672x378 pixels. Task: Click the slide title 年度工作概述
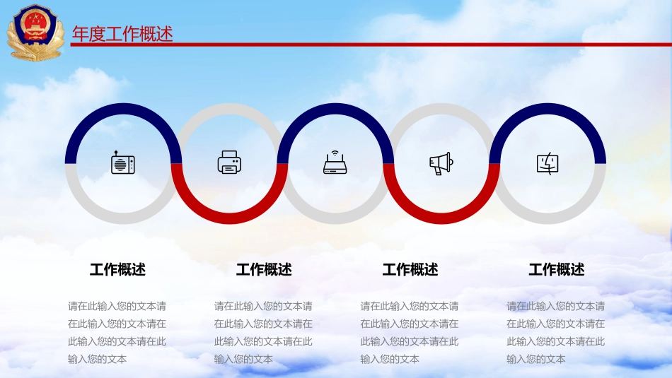[x=122, y=34]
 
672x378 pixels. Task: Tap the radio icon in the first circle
[x=122, y=163]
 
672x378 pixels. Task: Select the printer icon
[x=229, y=163]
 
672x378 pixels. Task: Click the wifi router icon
[x=335, y=163]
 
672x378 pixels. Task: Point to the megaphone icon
[x=441, y=163]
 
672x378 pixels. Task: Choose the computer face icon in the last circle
[x=548, y=163]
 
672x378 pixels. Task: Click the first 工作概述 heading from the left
[x=117, y=269]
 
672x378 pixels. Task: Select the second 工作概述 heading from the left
[x=264, y=269]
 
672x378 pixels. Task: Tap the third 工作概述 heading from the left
[x=410, y=269]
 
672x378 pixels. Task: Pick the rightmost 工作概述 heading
[x=557, y=269]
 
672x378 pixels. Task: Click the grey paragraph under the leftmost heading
[x=117, y=332]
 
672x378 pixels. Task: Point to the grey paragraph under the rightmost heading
[x=556, y=332]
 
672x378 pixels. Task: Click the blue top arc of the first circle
[x=122, y=110]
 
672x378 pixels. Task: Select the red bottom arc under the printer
[x=229, y=218]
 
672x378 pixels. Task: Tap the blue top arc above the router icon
[x=335, y=110]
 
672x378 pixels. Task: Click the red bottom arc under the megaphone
[x=441, y=218]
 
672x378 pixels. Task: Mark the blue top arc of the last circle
[x=548, y=110]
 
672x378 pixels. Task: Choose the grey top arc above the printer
[x=229, y=110]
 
